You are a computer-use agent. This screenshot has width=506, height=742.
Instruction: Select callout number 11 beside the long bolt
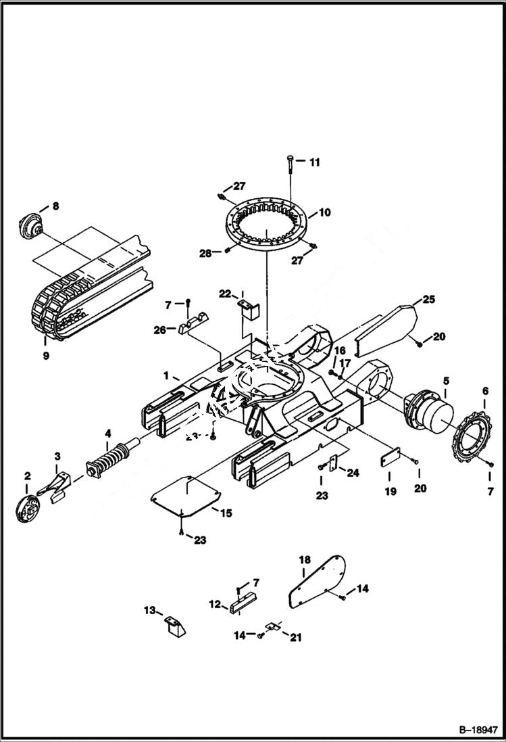315,162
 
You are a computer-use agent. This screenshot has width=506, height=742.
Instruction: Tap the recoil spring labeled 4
111,457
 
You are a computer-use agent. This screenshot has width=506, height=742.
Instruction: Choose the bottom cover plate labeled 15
186,498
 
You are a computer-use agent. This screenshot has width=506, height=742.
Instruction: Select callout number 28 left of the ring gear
205,252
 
